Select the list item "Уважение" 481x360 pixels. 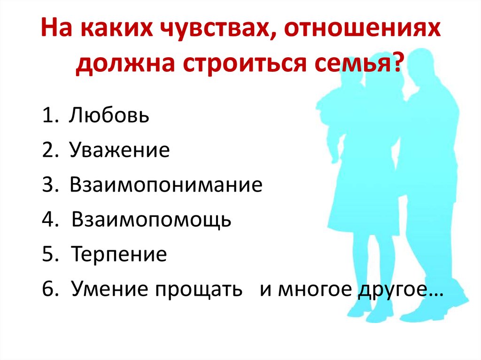tap(119, 150)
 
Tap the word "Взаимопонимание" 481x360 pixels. tap(166, 185)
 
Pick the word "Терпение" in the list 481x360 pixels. tap(119, 254)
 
